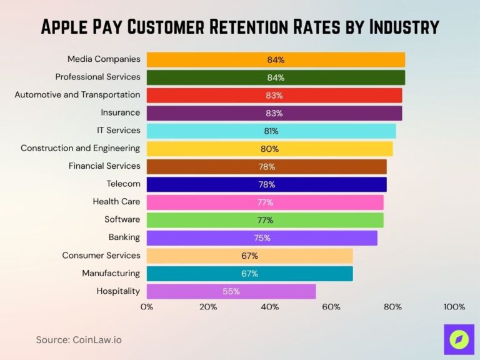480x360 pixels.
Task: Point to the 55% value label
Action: [231, 291]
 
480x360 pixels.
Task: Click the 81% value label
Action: [271, 131]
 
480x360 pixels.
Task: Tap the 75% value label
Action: [262, 238]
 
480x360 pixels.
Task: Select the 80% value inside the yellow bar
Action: [269, 149]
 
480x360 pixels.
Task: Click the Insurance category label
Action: [121, 112]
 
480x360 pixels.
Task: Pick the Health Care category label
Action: [116, 202]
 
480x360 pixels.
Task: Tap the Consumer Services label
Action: [101, 255]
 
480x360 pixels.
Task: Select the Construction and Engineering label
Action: [80, 148]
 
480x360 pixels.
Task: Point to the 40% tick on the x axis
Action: [270, 307]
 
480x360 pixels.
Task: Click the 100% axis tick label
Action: [454, 307]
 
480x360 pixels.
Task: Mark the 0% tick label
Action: [147, 307]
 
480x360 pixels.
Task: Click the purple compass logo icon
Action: [459, 339]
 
